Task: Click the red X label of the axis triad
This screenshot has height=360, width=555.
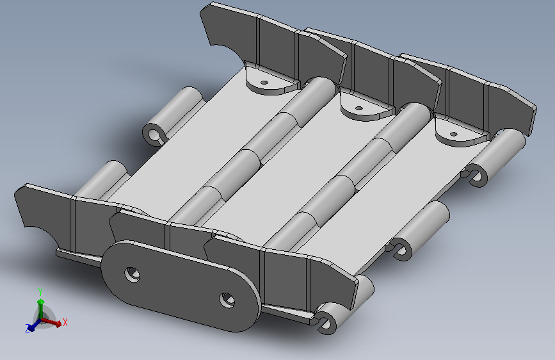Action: click(65, 322)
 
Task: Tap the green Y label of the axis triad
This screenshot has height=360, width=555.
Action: click(40, 292)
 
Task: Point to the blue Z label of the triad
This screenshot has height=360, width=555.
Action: click(28, 328)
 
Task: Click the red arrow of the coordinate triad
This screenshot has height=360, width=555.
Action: click(52, 322)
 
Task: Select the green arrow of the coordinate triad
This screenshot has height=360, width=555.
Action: click(41, 308)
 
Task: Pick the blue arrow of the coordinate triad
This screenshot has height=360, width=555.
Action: click(35, 325)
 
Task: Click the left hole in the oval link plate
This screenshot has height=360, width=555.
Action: click(133, 275)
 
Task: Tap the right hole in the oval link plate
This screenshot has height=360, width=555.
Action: click(227, 300)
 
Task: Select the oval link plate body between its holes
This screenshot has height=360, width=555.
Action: click(181, 287)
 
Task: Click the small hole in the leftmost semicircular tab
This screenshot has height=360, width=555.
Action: click(264, 83)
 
